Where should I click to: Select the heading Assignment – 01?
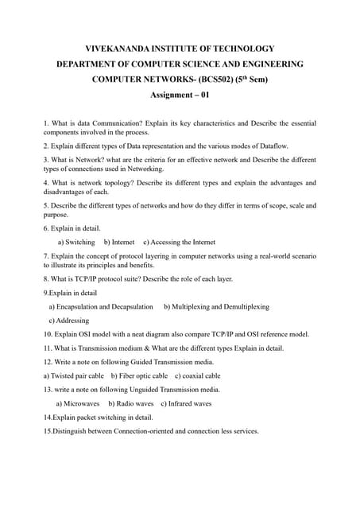click(x=180, y=95)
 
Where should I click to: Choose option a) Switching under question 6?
click(x=77, y=242)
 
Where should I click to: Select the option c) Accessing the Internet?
click(x=179, y=242)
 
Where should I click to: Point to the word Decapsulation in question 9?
click(x=130, y=306)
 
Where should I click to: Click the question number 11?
click(x=48, y=348)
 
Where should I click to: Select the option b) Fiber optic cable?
click(x=139, y=375)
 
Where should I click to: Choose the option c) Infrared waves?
click(x=186, y=403)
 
